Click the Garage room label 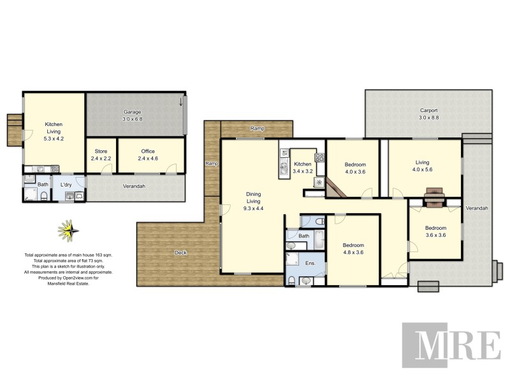coord(132,115)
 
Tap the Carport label coord(428,114)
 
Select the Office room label coord(148,155)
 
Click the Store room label coord(101,155)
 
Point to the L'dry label coord(66,185)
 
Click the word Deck coord(181,253)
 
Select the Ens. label coord(310,263)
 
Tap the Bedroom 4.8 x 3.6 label coord(353,249)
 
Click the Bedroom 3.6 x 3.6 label coord(435,231)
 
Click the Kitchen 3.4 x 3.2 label coord(302,167)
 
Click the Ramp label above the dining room coord(257,129)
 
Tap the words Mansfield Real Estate coord(68,284)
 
